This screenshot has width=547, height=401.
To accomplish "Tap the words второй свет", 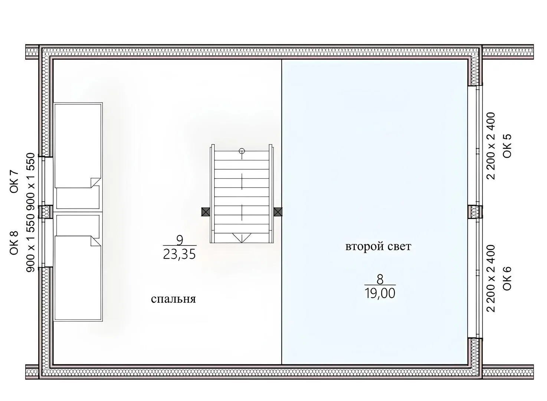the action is (378, 247).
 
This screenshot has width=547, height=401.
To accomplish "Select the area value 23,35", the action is (180, 254).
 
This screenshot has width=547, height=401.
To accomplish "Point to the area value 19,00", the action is (380, 293).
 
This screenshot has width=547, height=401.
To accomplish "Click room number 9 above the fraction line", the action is (180, 240).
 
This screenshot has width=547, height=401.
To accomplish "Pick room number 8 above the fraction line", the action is (380, 280).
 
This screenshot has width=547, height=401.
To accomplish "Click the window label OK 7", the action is (14, 182).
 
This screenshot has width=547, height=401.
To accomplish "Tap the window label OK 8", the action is (14, 243).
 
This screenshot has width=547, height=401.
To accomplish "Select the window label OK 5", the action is (507, 146).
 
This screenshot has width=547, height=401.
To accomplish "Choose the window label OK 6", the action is (507, 278).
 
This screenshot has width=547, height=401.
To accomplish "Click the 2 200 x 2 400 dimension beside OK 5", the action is (491, 146).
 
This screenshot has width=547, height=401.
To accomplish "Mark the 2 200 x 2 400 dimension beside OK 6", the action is (491, 278).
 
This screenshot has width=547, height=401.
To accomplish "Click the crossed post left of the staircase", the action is (206, 212).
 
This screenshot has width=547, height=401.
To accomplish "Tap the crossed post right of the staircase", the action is (278, 212).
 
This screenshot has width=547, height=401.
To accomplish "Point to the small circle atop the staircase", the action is (242, 151).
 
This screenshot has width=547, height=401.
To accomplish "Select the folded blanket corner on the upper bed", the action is (95, 183).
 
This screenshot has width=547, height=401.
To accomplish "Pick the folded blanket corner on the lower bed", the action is (95, 241).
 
